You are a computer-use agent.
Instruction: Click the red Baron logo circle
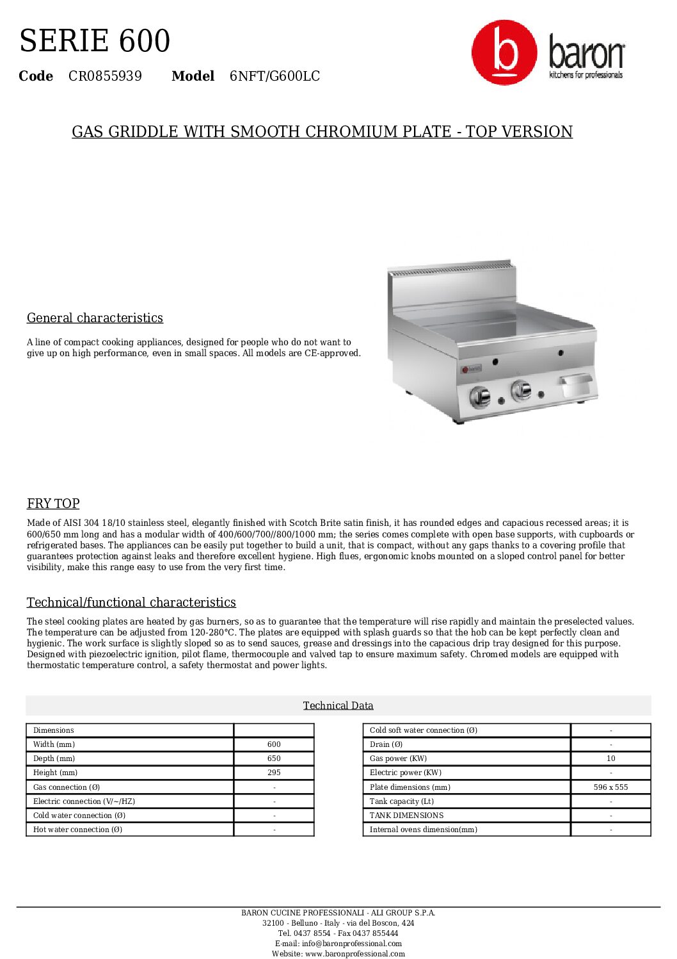click(x=504, y=53)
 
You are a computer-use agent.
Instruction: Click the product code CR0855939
click(x=105, y=76)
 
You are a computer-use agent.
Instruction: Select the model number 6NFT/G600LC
click(x=275, y=76)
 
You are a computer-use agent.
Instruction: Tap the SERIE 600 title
click(x=95, y=41)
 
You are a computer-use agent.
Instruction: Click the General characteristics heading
click(x=95, y=318)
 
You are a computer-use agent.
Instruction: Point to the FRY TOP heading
click(x=53, y=504)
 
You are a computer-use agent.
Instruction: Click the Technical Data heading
click(x=338, y=705)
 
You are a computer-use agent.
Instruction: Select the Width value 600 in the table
click(x=274, y=744)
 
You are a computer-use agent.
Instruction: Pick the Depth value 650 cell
click(x=274, y=758)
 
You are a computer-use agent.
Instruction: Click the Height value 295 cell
click(x=274, y=773)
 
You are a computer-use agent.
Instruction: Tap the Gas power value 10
click(x=610, y=758)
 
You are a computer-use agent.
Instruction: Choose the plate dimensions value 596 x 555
click(x=610, y=787)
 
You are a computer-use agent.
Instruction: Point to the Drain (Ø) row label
click(x=386, y=744)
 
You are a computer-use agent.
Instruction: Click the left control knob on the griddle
click(x=480, y=397)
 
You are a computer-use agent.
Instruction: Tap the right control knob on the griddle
click(x=521, y=390)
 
